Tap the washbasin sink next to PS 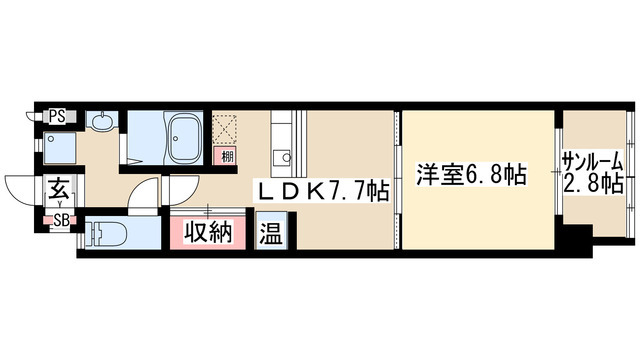[102, 122]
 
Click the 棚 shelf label [228, 156]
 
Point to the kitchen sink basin [282, 157]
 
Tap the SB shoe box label [60, 220]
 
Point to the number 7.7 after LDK [351, 190]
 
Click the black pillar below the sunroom [574, 240]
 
